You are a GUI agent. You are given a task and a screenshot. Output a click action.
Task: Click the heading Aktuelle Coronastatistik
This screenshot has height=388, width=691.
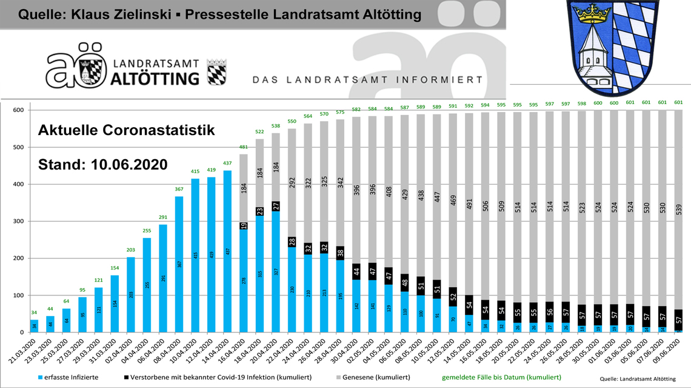(x=127, y=130)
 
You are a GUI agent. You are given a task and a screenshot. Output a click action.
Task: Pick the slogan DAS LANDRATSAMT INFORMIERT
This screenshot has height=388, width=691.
(x=367, y=80)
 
